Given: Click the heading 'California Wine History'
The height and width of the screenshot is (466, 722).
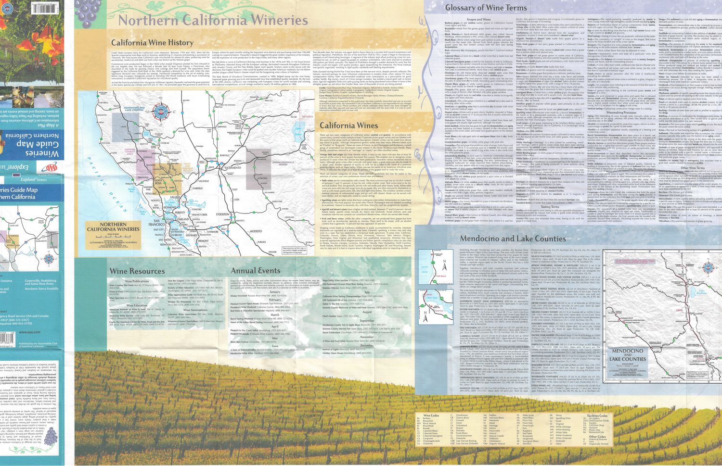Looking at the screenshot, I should tap(152, 43).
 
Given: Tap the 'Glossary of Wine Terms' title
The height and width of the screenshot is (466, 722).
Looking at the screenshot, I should tap(486, 8).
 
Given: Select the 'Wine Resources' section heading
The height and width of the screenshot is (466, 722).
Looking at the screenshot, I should tap(137, 271).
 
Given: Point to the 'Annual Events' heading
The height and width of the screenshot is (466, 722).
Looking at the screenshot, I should tap(255, 271).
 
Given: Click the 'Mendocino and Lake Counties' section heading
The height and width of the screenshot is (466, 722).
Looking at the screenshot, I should tap(513, 239).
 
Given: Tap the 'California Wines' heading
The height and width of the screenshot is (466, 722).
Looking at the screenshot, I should tap(349, 126).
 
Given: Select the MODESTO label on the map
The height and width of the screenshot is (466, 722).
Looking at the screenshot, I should tap(256, 231).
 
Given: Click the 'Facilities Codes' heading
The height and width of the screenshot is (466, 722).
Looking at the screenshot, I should tap(597, 416).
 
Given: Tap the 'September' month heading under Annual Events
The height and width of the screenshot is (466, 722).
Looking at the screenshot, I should tap(367, 321).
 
